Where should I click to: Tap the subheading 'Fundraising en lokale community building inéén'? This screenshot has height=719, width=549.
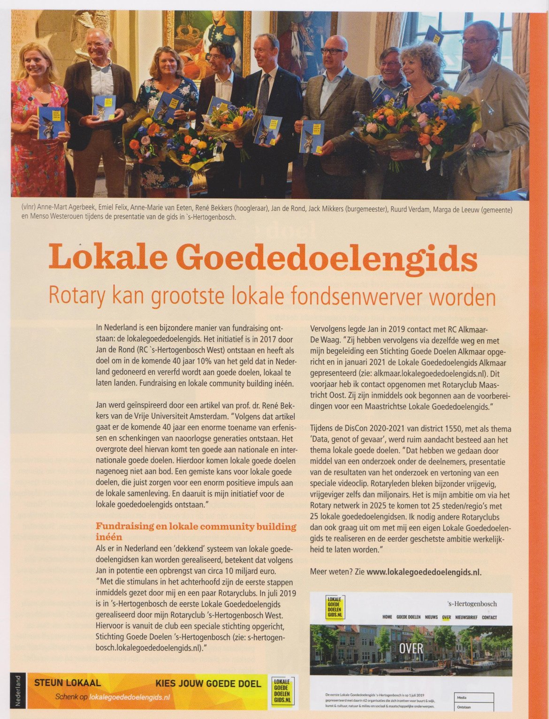tap(196, 531)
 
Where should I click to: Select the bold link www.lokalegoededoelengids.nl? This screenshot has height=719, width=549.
tap(424, 572)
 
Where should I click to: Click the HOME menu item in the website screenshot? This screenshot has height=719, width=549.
tap(387, 617)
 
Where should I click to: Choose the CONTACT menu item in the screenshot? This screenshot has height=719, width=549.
tap(489, 617)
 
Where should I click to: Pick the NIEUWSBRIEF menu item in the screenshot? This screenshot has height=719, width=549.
tap(465, 617)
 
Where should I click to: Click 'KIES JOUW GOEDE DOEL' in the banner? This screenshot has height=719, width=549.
tap(208, 684)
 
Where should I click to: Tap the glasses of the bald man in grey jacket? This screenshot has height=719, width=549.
tap(333, 50)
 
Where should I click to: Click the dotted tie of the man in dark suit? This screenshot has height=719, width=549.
tap(264, 94)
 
